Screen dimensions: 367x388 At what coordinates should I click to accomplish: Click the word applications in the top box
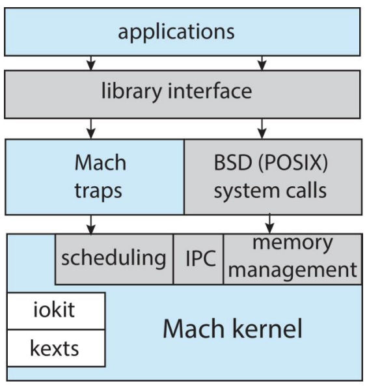tap(176, 32)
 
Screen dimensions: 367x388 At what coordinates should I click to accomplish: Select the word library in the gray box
tap(131, 90)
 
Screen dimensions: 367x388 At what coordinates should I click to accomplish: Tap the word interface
tap(210, 90)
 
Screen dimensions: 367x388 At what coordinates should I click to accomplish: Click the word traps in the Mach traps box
tap(98, 191)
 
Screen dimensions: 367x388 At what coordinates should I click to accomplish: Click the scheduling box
tap(114, 259)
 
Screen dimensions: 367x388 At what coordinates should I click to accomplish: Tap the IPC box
tap(198, 259)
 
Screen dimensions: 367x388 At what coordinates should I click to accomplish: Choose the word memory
tap(293, 243)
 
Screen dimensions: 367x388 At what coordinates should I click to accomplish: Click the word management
tap(293, 270)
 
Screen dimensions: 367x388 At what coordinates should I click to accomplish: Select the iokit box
tap(56, 311)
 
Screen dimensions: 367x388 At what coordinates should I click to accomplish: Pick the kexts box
tap(56, 348)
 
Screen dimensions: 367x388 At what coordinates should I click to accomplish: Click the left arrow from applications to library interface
tap(91, 63)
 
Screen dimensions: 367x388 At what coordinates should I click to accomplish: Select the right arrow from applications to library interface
tap(262, 63)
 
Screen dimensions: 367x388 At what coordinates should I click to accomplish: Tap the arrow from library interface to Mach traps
tap(91, 129)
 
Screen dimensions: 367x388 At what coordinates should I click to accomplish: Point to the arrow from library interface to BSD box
tap(262, 129)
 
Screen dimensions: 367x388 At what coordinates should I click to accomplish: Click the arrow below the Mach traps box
tap(91, 225)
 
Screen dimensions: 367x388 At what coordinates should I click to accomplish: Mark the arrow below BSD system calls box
tap(269, 223)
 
